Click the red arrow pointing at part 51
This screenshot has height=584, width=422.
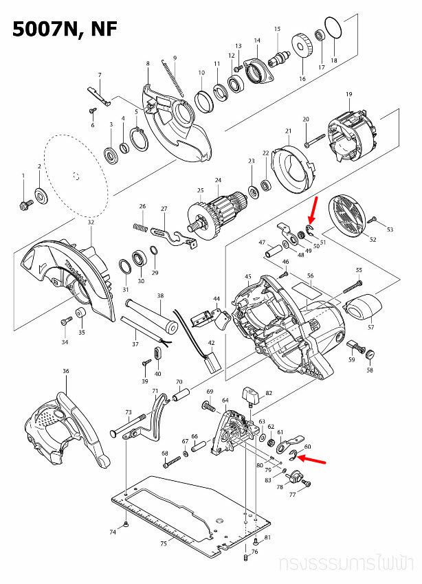pos(313,207)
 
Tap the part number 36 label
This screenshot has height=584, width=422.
pos(66,371)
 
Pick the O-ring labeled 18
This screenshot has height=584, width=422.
pos(333,29)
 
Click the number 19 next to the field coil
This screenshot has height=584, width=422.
pos(348,93)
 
